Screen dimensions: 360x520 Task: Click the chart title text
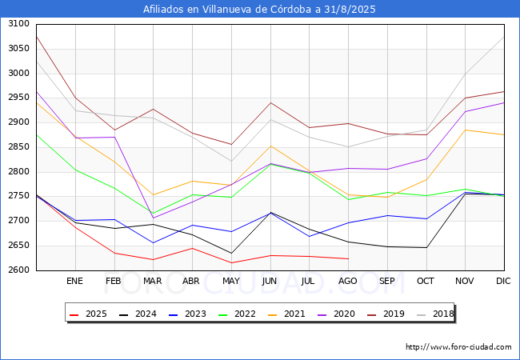(259, 10)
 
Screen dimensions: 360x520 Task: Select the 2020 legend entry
(338, 314)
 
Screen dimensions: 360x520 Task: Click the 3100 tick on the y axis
(18, 24)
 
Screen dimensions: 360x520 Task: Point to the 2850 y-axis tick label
(18, 122)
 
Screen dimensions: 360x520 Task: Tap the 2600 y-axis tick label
(18, 270)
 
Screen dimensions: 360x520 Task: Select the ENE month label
(74, 282)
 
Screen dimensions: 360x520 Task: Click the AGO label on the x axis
(348, 282)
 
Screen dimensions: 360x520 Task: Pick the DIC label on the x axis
(503, 282)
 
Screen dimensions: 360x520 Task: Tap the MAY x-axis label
(230, 282)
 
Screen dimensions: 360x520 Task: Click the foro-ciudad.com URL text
(458, 347)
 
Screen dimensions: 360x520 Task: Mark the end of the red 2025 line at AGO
(348, 258)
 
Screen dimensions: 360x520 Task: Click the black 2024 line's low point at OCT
(426, 247)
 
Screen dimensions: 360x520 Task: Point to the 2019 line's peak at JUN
(270, 102)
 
